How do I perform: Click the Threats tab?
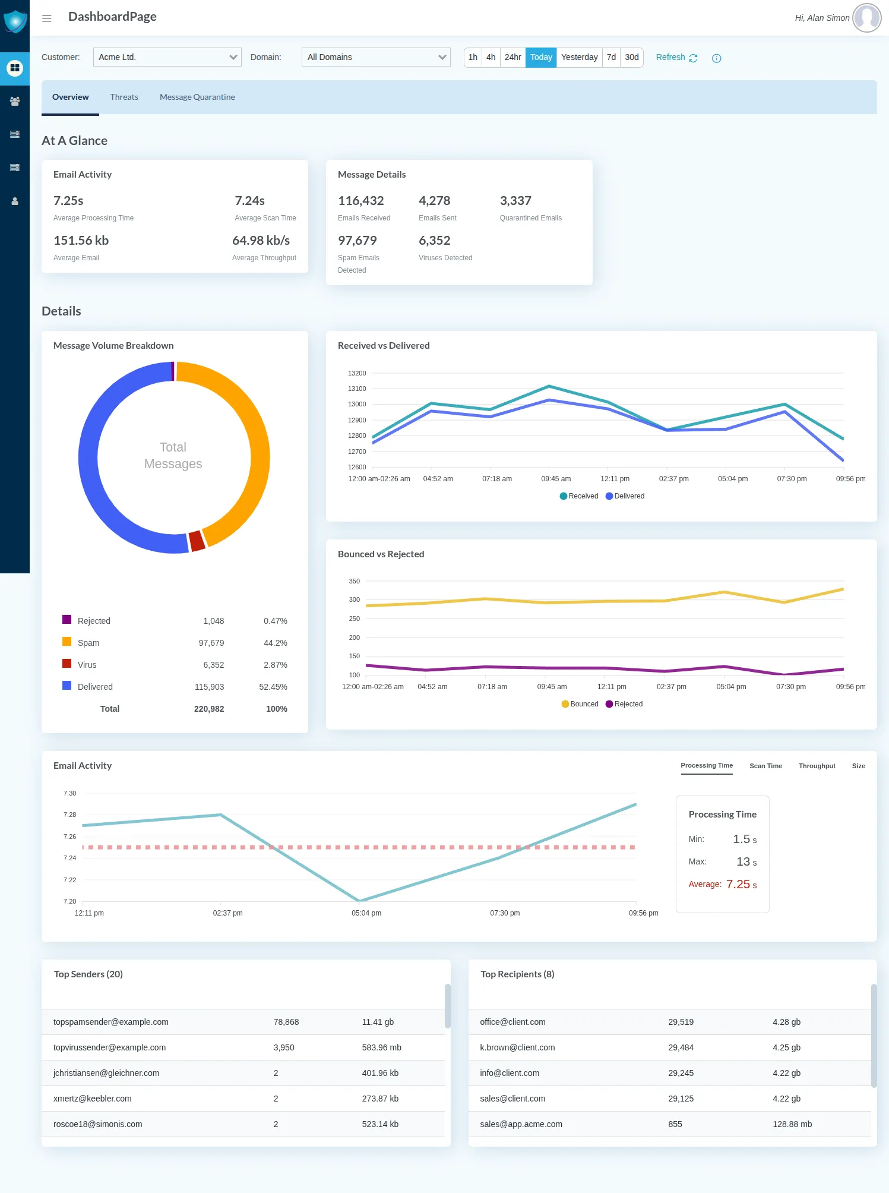click(x=124, y=97)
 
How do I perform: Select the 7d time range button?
click(x=611, y=57)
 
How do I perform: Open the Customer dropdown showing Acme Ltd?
click(x=167, y=57)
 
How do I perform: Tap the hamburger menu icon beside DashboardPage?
click(x=47, y=18)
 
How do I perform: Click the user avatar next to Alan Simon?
click(x=866, y=18)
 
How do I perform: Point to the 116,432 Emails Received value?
click(x=360, y=201)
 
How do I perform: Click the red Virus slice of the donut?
click(x=197, y=541)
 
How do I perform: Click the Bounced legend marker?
click(x=565, y=704)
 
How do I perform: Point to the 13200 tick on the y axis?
click(x=357, y=373)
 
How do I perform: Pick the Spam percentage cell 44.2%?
click(x=275, y=643)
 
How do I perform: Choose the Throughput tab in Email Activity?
click(x=817, y=766)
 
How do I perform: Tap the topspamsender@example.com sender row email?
click(x=111, y=1022)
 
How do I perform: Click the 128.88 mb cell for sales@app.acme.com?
click(x=792, y=1124)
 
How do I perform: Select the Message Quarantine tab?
click(x=197, y=97)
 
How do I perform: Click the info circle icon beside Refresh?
click(x=717, y=58)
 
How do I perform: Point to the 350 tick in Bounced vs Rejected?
click(x=355, y=581)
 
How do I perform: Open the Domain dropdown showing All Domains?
click(x=376, y=57)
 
